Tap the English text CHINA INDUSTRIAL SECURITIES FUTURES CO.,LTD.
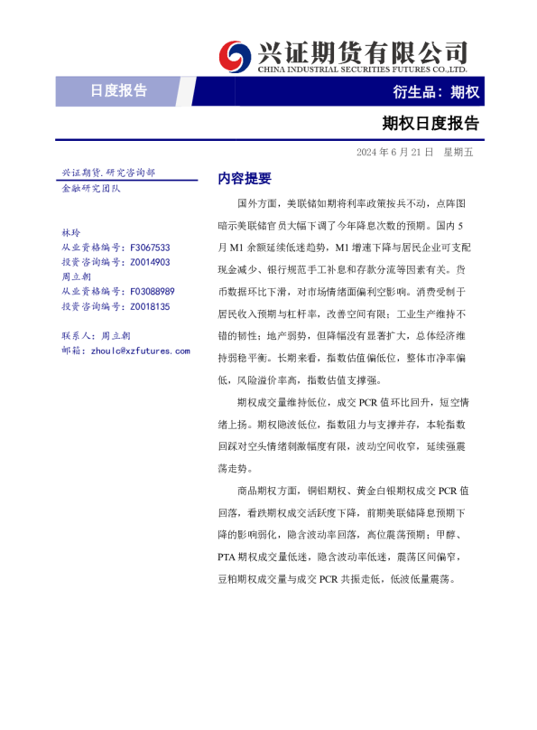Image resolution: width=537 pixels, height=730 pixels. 362,69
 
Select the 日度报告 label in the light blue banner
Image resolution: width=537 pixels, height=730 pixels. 118,90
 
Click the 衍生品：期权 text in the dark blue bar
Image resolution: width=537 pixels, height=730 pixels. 436,91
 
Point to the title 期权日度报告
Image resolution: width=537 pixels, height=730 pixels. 431,122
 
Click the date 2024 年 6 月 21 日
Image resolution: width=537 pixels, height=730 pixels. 394,152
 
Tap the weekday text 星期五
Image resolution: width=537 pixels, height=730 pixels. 458,152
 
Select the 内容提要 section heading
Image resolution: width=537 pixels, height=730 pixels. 245,179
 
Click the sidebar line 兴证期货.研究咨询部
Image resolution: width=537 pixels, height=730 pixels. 107,173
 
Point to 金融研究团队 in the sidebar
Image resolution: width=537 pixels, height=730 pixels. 90,188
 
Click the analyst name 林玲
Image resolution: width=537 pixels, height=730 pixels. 70,232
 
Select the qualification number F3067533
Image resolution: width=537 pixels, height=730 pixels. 150,247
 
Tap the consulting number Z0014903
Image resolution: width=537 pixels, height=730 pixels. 150,262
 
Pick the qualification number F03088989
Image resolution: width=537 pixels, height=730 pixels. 152,291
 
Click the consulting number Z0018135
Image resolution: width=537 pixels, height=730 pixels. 150,306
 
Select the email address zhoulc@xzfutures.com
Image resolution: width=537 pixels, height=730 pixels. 140,350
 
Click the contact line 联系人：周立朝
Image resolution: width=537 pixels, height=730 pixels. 96,335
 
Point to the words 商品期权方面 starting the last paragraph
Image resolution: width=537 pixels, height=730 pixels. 267,491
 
